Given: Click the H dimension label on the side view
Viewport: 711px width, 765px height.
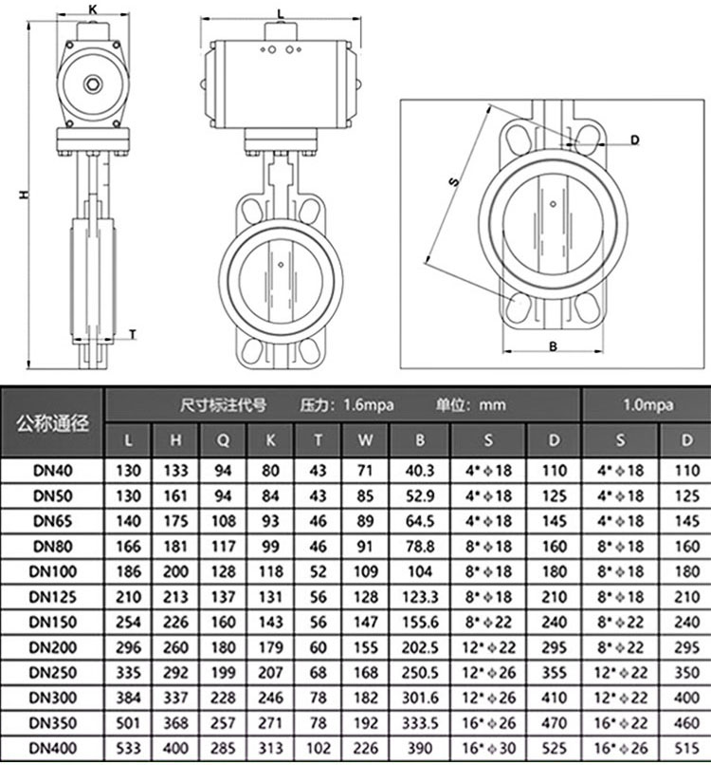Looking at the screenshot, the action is [x=24, y=194].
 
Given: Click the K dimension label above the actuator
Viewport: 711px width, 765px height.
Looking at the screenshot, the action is [x=93, y=9].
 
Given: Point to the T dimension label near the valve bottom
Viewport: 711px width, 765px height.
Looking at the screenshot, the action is [x=133, y=334].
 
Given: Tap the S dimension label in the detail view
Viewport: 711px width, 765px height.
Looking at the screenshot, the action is [x=454, y=181].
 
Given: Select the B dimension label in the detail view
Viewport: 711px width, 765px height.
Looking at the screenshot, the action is [x=553, y=345].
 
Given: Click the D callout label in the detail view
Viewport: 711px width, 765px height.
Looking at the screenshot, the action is [x=634, y=140].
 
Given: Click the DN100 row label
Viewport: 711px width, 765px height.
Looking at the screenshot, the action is [x=53, y=571].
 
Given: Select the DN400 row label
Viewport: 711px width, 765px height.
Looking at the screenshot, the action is [x=53, y=748].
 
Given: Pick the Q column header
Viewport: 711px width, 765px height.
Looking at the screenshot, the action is [x=223, y=440].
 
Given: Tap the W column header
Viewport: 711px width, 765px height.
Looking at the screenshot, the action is [x=365, y=440].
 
